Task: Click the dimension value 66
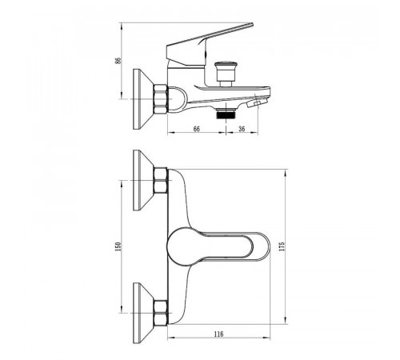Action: pos(196,129)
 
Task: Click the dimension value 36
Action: pos(242,129)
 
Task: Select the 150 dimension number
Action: pos(118,246)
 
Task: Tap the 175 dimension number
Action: pos(282,246)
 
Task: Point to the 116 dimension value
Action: pos(218,334)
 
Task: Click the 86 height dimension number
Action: pos(118,61)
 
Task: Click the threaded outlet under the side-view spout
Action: pos(226,113)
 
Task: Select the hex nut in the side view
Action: pos(161,99)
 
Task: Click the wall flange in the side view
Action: pos(143,99)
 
